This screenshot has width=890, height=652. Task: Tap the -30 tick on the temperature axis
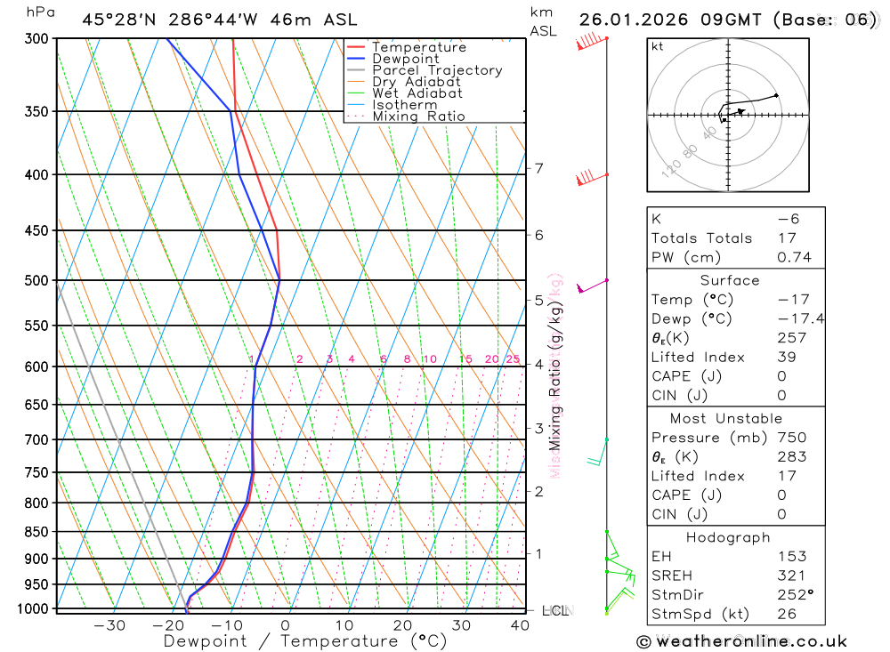pyautogui.click(x=109, y=625)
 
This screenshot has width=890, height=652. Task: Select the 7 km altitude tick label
pyautogui.click(x=538, y=168)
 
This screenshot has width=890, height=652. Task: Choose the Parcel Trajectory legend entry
pyautogui.click(x=436, y=70)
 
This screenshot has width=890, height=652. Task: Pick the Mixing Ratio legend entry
pyautogui.click(x=418, y=117)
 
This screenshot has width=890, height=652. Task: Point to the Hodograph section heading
pyautogui.click(x=728, y=537)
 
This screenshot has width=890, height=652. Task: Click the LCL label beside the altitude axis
pyautogui.click(x=555, y=610)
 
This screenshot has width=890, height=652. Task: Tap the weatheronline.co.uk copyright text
pyautogui.click(x=741, y=641)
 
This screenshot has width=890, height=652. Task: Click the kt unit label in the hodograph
pyautogui.click(x=658, y=46)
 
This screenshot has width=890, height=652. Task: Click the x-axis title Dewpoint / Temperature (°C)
pyautogui.click(x=304, y=640)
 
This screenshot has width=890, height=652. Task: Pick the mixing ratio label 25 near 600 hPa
pyautogui.click(x=513, y=359)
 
